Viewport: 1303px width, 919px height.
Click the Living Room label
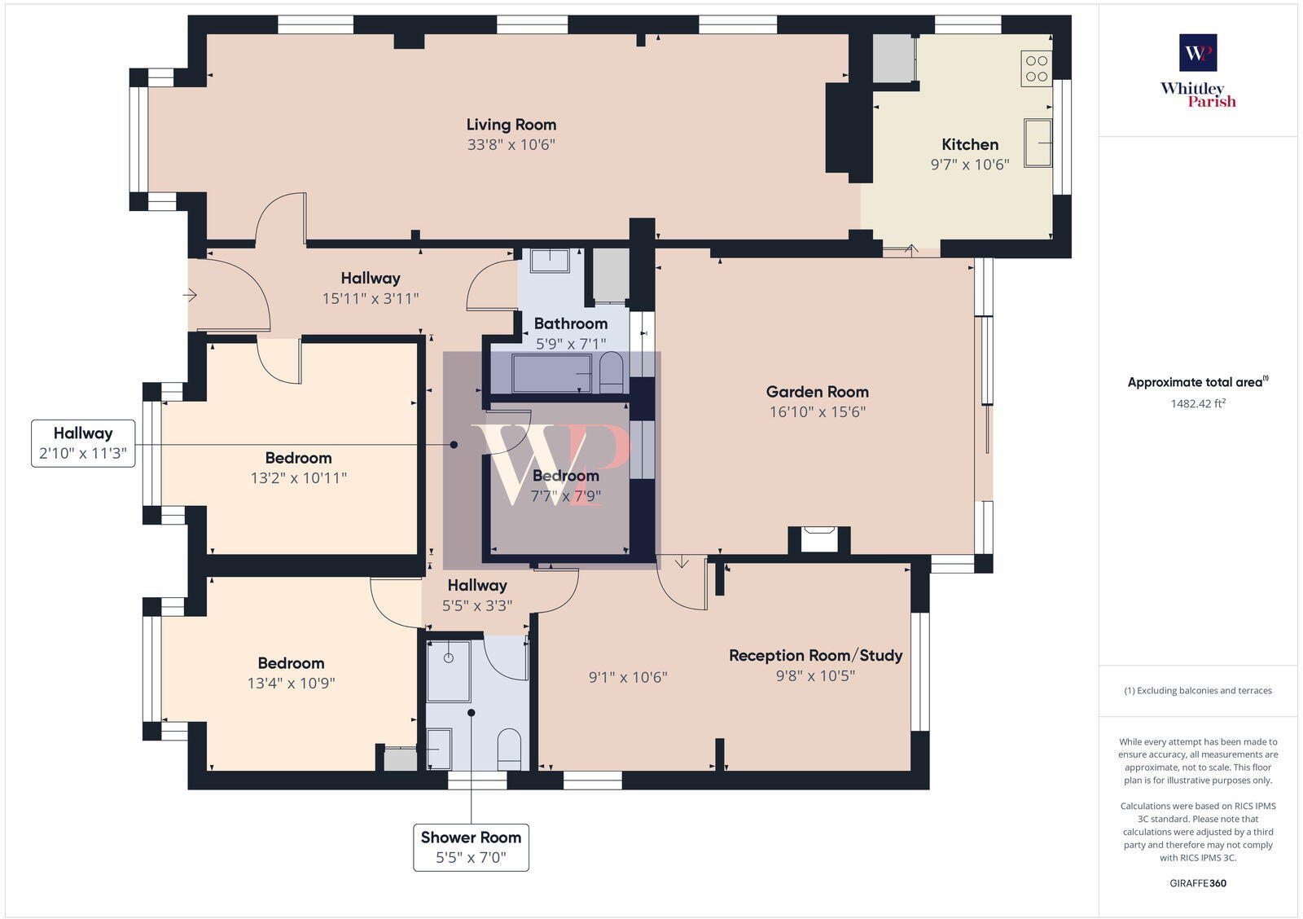point(511,125)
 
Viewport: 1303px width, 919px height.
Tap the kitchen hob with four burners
point(1036,68)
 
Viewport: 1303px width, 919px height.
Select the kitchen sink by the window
point(1038,143)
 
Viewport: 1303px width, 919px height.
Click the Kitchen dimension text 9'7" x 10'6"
point(969,165)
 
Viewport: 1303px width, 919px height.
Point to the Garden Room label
point(817,392)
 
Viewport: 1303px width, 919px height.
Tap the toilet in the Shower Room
point(509,748)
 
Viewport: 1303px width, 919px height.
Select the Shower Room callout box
point(471,847)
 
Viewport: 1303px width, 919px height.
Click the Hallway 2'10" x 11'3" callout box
point(83,443)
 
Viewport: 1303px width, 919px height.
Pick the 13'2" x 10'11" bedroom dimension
point(298,478)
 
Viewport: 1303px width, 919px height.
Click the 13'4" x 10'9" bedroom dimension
point(291,684)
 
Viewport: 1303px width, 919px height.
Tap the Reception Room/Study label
point(815,655)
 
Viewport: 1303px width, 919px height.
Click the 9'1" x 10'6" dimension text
point(628,677)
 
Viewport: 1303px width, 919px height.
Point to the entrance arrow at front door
point(191,295)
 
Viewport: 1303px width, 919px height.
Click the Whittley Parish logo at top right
point(1198,72)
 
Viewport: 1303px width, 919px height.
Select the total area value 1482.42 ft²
point(1198,403)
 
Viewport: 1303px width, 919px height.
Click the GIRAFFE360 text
point(1197,883)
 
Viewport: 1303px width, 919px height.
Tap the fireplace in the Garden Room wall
point(818,539)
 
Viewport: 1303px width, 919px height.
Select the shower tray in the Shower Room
point(449,671)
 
